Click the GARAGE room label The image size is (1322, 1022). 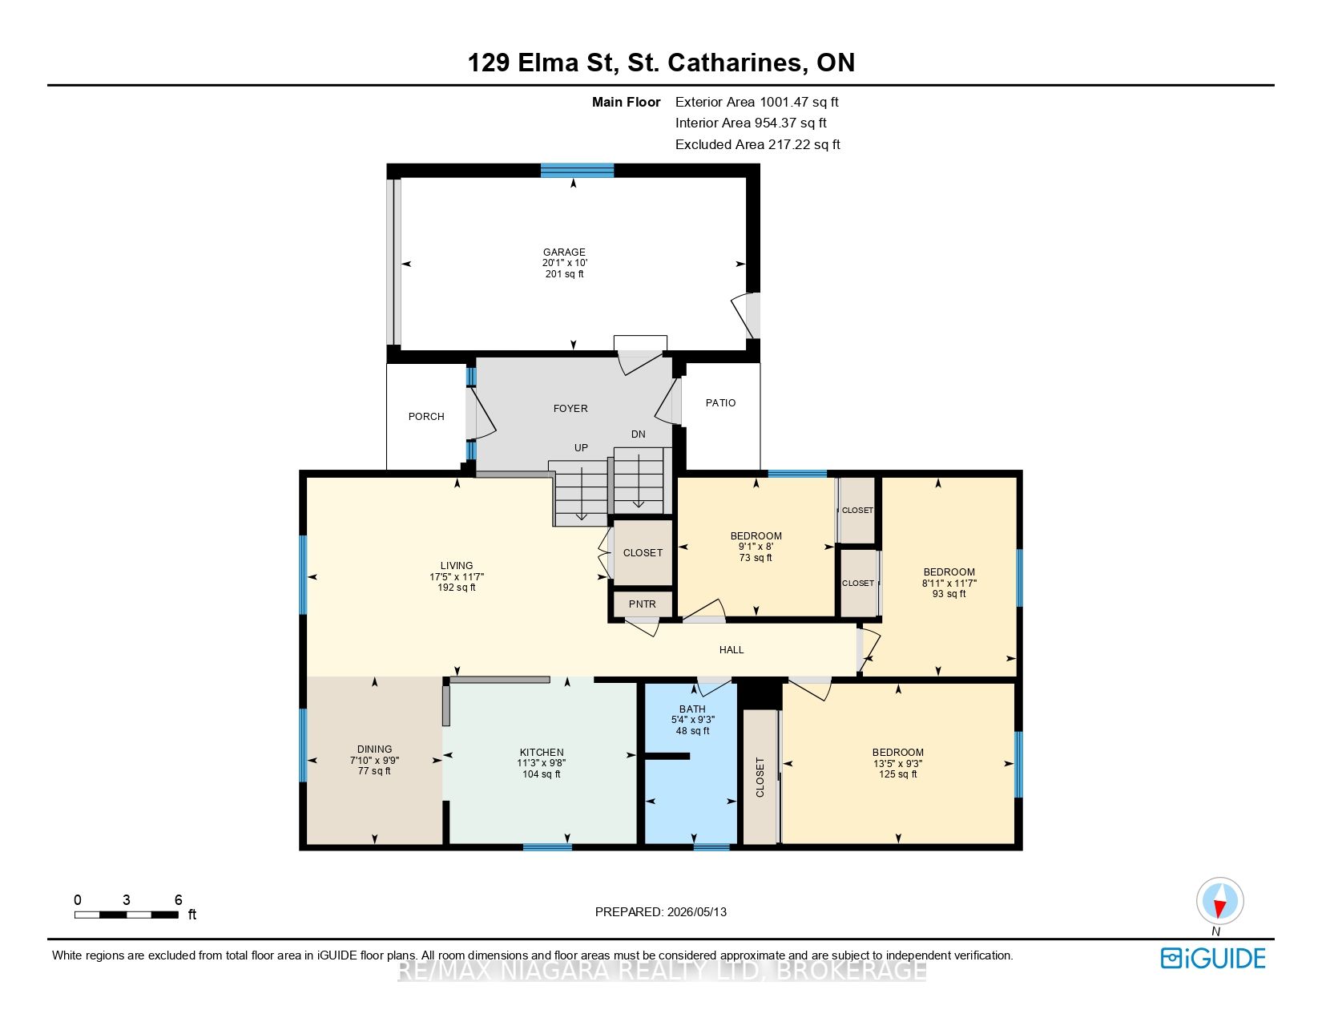[x=564, y=252]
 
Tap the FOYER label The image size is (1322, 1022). [x=570, y=409]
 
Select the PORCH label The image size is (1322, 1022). [x=426, y=416]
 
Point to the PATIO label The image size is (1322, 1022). [x=720, y=403]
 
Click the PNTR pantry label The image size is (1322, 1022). [x=643, y=604]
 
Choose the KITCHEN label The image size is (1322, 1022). [x=542, y=753]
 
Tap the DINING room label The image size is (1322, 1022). [x=374, y=749]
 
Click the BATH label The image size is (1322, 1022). [x=692, y=709]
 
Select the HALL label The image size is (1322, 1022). [x=732, y=650]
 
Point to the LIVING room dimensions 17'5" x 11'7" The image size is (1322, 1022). [x=456, y=577]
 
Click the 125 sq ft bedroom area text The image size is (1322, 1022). [x=897, y=774]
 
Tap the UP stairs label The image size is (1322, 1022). [x=581, y=448]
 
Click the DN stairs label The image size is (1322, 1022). [x=639, y=434]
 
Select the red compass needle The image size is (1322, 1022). [x=1219, y=909]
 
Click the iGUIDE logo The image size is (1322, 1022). [x=1213, y=958]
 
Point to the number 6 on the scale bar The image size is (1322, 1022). [x=178, y=899]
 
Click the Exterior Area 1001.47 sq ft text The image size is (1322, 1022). [x=757, y=103]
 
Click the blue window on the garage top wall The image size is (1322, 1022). [x=577, y=171]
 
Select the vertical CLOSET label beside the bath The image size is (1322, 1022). [x=760, y=778]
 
